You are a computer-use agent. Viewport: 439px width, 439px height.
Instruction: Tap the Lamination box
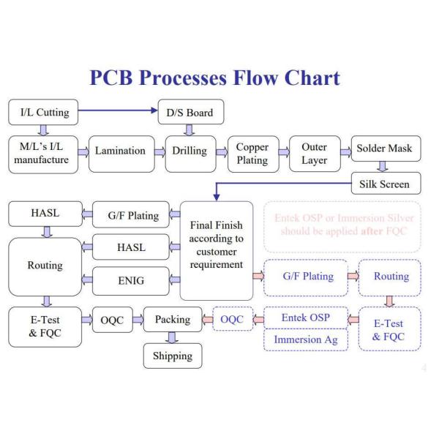click(121, 151)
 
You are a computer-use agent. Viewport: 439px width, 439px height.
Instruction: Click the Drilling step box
click(190, 151)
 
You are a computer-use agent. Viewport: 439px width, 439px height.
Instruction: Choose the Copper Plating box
click(252, 153)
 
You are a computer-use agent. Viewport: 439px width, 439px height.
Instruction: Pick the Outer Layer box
click(314, 153)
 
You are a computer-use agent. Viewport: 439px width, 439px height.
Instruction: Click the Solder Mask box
click(384, 149)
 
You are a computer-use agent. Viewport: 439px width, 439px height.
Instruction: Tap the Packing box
click(172, 320)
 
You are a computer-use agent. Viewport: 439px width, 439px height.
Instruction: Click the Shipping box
click(172, 356)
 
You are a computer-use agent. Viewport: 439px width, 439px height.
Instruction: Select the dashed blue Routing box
click(391, 277)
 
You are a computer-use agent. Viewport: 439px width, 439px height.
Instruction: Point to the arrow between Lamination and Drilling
click(159, 151)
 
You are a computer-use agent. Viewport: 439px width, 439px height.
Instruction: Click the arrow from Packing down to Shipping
click(172, 337)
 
